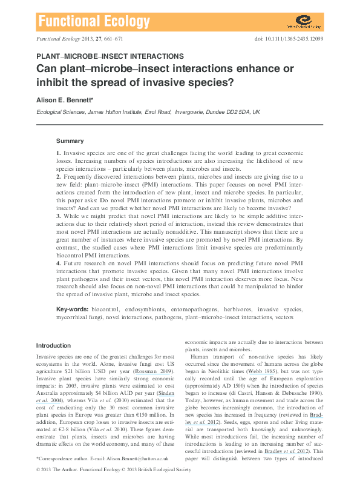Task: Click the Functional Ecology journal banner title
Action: [x=94, y=23]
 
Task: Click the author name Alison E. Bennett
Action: [x=69, y=99]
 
